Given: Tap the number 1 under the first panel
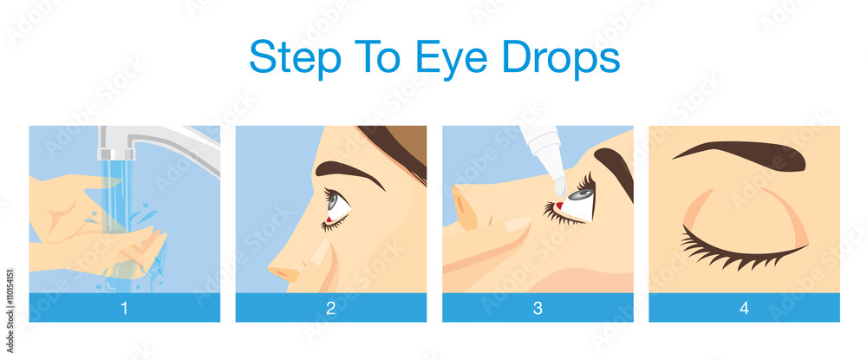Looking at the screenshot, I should coord(124,307).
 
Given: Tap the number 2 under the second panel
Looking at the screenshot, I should coord(330,307).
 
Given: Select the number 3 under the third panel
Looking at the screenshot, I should coord(538,307).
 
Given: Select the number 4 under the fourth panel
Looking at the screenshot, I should coord(744,307).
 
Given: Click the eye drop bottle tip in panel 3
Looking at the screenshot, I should coord(560,184).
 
